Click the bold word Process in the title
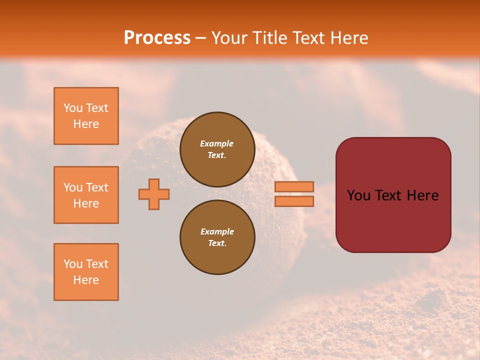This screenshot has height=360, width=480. click(157, 37)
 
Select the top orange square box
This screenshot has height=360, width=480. click(86, 116)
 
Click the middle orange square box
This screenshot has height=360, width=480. click(86, 195)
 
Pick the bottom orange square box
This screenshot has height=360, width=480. click(86, 272)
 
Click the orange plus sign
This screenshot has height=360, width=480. click(154, 194)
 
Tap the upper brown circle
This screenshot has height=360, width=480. click(217, 149)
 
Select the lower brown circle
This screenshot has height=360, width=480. click(217, 237)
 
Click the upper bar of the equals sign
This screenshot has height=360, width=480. click(294, 186)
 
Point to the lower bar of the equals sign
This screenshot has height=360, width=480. click(294, 201)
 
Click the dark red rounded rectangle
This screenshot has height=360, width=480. click(393, 195)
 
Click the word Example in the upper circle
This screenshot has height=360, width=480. click(216, 143)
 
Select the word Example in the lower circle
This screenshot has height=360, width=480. click(217, 231)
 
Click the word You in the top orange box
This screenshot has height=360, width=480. click(72, 108)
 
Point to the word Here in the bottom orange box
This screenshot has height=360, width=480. click(86, 280)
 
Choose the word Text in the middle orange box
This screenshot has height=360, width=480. click(96, 187)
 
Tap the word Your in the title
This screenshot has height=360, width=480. click(228, 37)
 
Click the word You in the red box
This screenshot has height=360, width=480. click(358, 195)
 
